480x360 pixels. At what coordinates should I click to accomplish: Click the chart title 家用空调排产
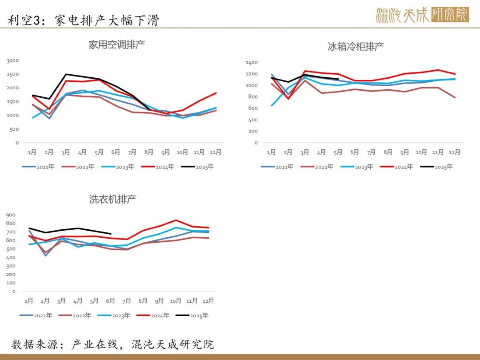(116, 45)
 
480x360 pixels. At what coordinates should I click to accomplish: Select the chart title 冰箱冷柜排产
(356, 47)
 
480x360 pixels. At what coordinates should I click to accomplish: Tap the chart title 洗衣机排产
(112, 199)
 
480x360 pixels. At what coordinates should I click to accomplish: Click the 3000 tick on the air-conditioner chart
(12, 60)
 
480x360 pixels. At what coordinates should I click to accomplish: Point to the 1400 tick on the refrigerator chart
(252, 63)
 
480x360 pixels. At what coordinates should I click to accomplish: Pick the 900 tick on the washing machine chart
(11, 215)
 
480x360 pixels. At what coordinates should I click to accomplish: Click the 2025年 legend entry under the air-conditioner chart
(197, 167)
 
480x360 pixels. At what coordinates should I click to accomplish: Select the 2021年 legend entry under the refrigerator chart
(277, 167)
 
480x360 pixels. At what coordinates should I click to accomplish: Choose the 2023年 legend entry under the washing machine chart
(114, 315)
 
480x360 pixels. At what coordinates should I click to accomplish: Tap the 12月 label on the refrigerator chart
(455, 152)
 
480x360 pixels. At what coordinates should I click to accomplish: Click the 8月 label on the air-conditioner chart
(149, 152)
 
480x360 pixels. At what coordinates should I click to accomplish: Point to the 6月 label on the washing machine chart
(110, 301)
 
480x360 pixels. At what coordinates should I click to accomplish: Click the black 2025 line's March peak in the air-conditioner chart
(66, 74)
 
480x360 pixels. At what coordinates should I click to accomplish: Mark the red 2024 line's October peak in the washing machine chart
(176, 220)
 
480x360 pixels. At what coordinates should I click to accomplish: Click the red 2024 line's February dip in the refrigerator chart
(288, 99)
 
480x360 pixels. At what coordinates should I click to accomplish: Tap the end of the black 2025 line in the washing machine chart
(111, 234)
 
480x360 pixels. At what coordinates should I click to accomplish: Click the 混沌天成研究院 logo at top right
(423, 15)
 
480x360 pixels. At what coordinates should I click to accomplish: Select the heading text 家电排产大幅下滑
(108, 20)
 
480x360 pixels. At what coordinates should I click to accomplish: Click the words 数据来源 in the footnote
(35, 344)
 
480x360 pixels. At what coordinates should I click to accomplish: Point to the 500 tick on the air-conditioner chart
(14, 129)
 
